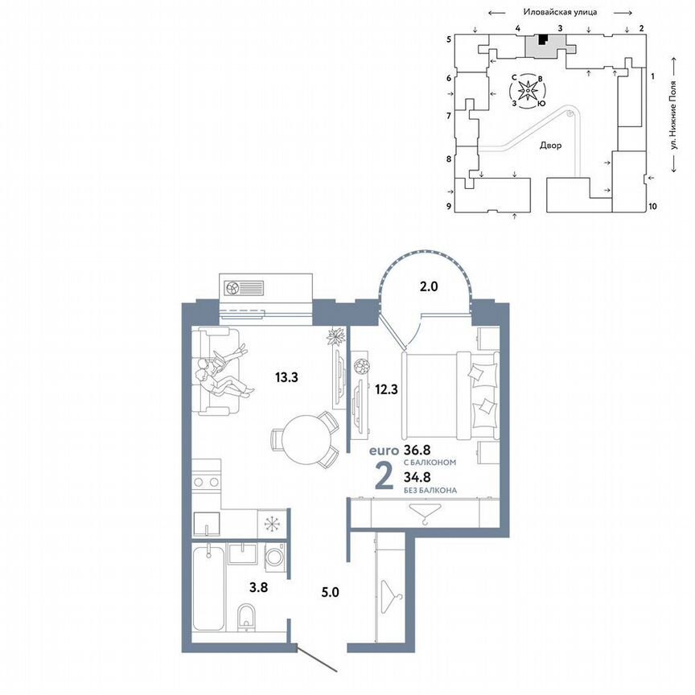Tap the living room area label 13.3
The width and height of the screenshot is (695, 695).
point(286,376)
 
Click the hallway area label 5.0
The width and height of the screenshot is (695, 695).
point(330,593)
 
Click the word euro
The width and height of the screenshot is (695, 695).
point(385,452)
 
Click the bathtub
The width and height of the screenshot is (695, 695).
point(208,591)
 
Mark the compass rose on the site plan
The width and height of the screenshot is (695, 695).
point(528,91)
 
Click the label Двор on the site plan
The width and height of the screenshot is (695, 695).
point(550,146)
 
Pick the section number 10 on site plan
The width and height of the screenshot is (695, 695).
point(652,206)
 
